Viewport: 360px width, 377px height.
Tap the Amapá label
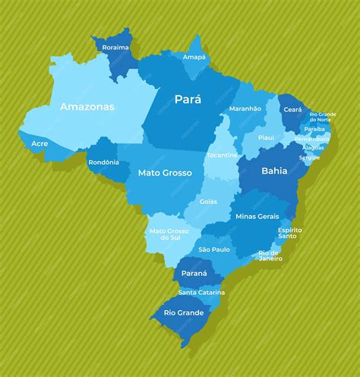194,57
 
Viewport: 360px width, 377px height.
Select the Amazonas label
87,107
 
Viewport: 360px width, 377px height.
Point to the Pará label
188,99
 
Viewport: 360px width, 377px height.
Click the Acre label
40,142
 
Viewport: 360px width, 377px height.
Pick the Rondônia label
103,162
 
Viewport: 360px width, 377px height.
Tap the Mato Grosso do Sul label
168,234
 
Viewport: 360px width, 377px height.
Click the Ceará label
292,109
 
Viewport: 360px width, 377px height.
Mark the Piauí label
266,138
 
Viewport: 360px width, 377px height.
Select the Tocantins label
222,155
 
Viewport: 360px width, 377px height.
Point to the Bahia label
274,171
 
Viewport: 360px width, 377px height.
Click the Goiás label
208,201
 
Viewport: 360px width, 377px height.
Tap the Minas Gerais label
257,217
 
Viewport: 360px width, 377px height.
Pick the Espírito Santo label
290,233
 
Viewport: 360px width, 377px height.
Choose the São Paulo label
214,249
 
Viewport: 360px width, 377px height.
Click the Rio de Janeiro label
270,255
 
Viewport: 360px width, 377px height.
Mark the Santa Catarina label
201,293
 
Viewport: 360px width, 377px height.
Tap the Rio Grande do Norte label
324,117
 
